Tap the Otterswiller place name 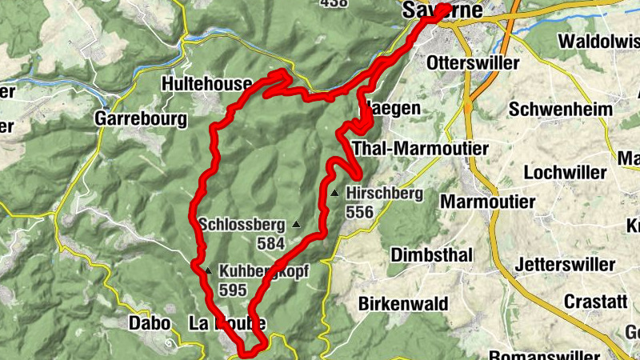[x=474, y=62]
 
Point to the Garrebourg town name [x=140, y=119]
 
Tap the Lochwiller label [x=561, y=172]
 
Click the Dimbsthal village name [x=432, y=254]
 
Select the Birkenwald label [x=402, y=305]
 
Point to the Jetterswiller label [x=566, y=264]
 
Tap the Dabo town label [x=150, y=323]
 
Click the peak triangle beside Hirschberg [x=334, y=193]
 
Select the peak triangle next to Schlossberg [x=297, y=225]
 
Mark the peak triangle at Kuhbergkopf [x=208, y=270]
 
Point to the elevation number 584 [x=271, y=242]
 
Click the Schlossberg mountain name [x=243, y=224]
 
